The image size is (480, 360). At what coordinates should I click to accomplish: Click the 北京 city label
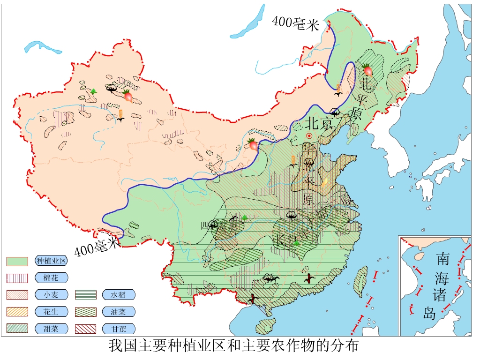point(319,123)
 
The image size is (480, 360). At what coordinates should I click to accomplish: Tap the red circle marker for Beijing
point(309,136)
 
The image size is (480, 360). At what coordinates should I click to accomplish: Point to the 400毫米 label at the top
point(295,23)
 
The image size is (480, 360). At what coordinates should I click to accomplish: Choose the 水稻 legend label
point(119,295)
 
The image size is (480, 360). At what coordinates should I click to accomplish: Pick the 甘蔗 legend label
point(119,329)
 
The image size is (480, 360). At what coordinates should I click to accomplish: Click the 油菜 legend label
point(119,312)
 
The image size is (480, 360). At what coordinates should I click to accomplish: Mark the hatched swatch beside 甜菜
point(17,329)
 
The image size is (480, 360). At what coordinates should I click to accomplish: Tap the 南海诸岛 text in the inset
point(442,285)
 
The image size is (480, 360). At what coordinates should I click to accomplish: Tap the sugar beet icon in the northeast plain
point(367,70)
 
